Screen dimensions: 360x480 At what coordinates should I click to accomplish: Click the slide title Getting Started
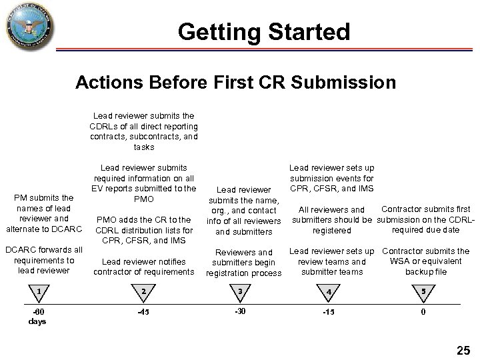264,31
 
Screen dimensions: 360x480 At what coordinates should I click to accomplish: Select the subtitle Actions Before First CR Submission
235,83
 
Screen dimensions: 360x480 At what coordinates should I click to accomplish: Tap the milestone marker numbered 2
143,292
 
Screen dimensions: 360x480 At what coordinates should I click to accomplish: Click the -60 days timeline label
39,317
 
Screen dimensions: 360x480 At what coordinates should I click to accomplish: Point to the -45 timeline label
143,312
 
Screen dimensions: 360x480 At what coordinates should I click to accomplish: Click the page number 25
463,349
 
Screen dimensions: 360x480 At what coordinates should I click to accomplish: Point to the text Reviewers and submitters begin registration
244,263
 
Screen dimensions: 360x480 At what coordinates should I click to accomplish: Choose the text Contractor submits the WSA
425,261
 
